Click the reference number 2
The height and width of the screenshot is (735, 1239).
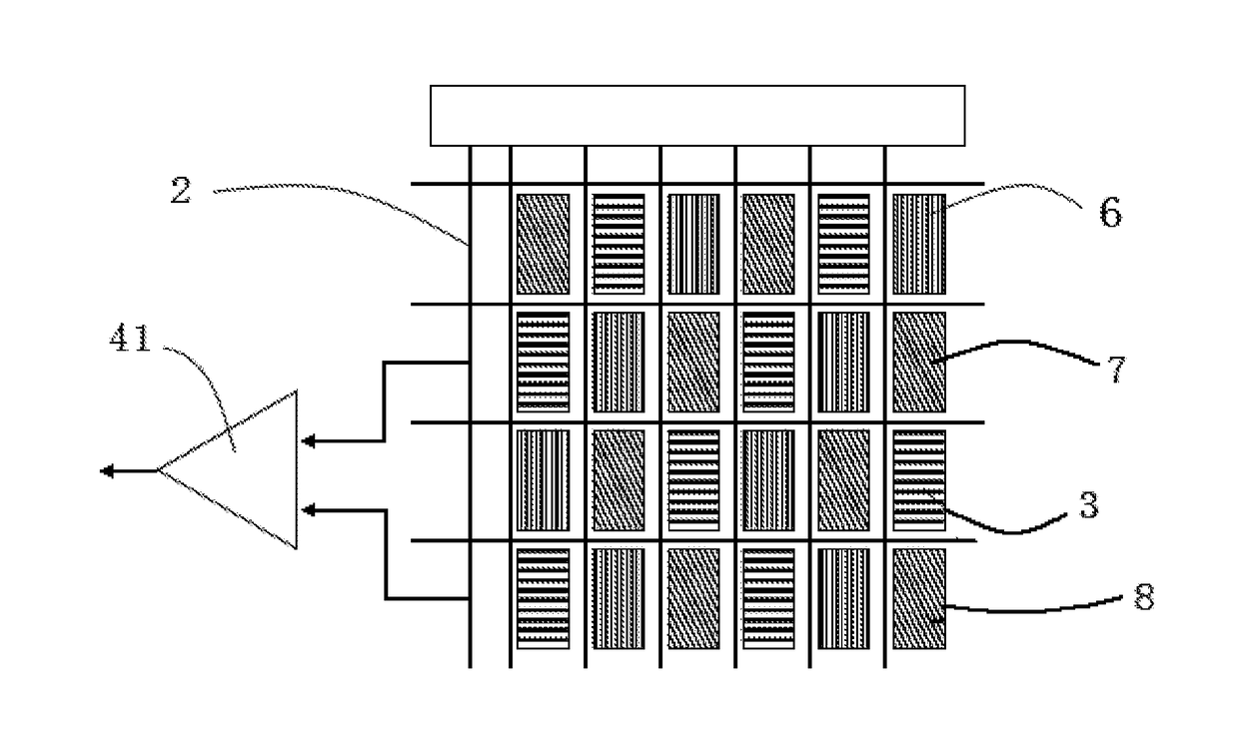(181, 191)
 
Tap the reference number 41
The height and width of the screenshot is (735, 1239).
(130, 339)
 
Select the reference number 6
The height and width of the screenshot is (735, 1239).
(1110, 212)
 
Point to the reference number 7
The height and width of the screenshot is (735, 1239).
(1117, 369)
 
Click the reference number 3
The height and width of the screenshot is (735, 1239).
(1089, 505)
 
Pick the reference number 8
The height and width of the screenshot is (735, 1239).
(1144, 597)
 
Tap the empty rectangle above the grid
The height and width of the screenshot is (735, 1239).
(697, 116)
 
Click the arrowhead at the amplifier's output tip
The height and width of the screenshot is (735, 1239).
(106, 470)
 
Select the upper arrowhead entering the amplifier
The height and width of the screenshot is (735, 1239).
(308, 441)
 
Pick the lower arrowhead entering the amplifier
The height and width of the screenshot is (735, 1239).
(308, 510)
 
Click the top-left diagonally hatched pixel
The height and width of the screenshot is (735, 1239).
(544, 244)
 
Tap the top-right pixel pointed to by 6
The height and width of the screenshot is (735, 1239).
(919, 244)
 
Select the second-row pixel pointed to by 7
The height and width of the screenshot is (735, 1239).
(919, 362)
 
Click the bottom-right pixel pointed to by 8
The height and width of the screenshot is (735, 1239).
(919, 598)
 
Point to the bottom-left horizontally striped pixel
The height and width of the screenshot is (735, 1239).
(544, 598)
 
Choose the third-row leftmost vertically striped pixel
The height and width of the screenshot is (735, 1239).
(544, 480)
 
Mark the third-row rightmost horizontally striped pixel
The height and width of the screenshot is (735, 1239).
(919, 480)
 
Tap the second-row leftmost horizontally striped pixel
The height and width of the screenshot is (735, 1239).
(544, 362)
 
